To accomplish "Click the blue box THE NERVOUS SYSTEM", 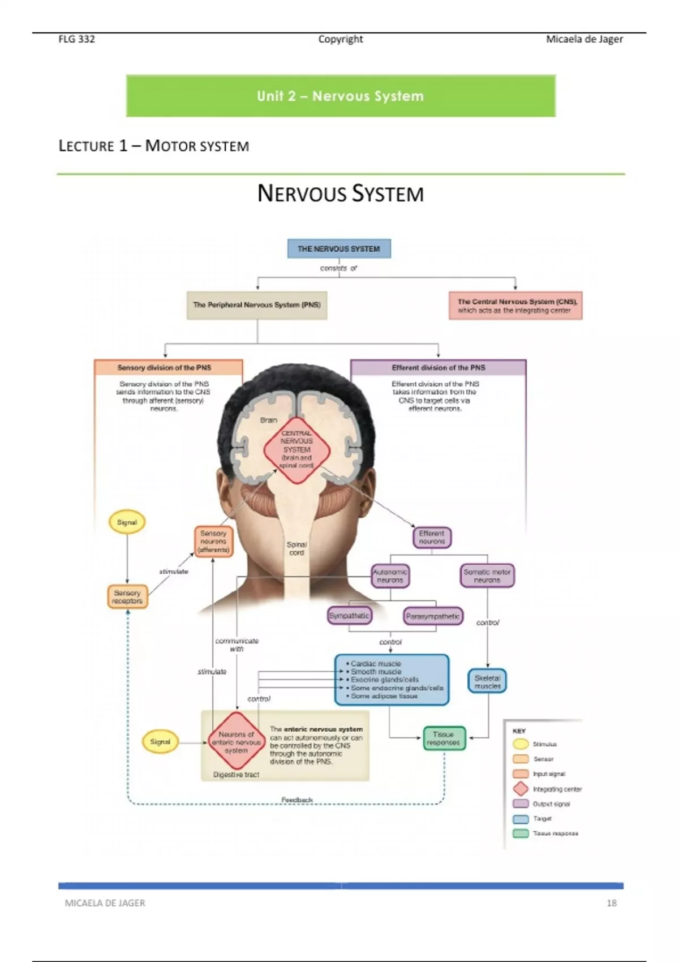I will (339, 248).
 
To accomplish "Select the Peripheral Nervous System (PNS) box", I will (257, 305).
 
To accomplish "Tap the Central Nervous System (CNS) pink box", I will (515, 306).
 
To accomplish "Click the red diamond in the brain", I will (296, 450).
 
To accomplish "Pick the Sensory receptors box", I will (127, 597).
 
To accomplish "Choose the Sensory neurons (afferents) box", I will (213, 542).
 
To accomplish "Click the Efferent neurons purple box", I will (432, 538).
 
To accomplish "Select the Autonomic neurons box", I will (390, 576).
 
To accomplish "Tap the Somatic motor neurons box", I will (487, 576).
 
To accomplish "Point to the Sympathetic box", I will (350, 616).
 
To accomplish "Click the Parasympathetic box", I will (433, 616).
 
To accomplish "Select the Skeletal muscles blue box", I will (487, 682).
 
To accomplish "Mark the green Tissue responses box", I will (444, 738).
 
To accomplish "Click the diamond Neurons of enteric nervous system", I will (237, 742).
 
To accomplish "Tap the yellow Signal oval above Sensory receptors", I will (127, 522).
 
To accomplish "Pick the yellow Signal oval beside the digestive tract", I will (160, 742).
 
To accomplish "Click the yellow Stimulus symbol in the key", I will (521, 744).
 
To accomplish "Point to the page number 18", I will (612, 903).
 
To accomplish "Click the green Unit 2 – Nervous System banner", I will (341, 96).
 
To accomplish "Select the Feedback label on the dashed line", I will (297, 800).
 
